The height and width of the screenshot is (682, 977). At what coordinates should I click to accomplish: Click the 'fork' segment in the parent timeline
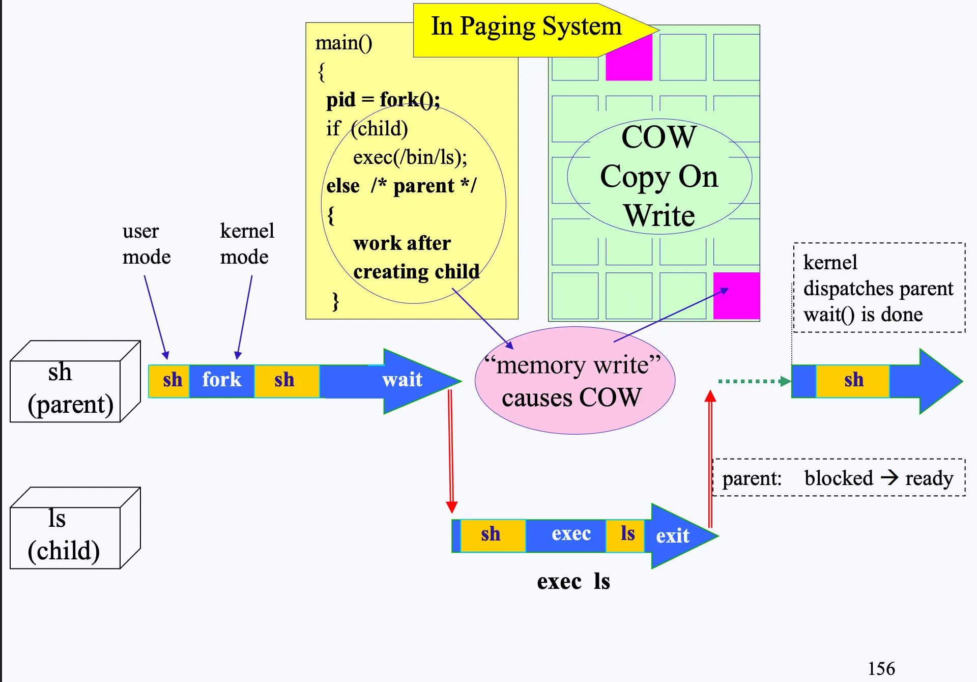[221, 380]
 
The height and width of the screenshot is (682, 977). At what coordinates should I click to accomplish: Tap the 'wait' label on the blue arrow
[402, 380]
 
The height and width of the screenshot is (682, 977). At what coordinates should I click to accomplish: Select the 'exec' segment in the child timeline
[570, 534]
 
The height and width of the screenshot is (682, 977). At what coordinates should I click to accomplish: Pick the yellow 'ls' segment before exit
[627, 534]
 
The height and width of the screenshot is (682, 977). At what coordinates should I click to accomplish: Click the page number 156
[881, 668]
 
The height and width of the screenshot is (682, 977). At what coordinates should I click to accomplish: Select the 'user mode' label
[146, 244]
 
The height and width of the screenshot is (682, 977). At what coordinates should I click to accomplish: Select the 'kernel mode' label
[246, 244]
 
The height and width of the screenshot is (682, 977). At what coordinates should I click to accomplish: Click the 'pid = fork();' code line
[383, 100]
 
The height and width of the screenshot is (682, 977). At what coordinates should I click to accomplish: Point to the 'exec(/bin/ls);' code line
[410, 158]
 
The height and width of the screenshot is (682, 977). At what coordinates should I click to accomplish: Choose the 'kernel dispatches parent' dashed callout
[879, 289]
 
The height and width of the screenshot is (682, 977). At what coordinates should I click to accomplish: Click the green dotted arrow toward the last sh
[753, 381]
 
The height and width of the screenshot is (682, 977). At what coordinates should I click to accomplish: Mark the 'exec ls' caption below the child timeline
[573, 582]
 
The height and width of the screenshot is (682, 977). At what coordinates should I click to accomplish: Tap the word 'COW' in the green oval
[658, 137]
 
